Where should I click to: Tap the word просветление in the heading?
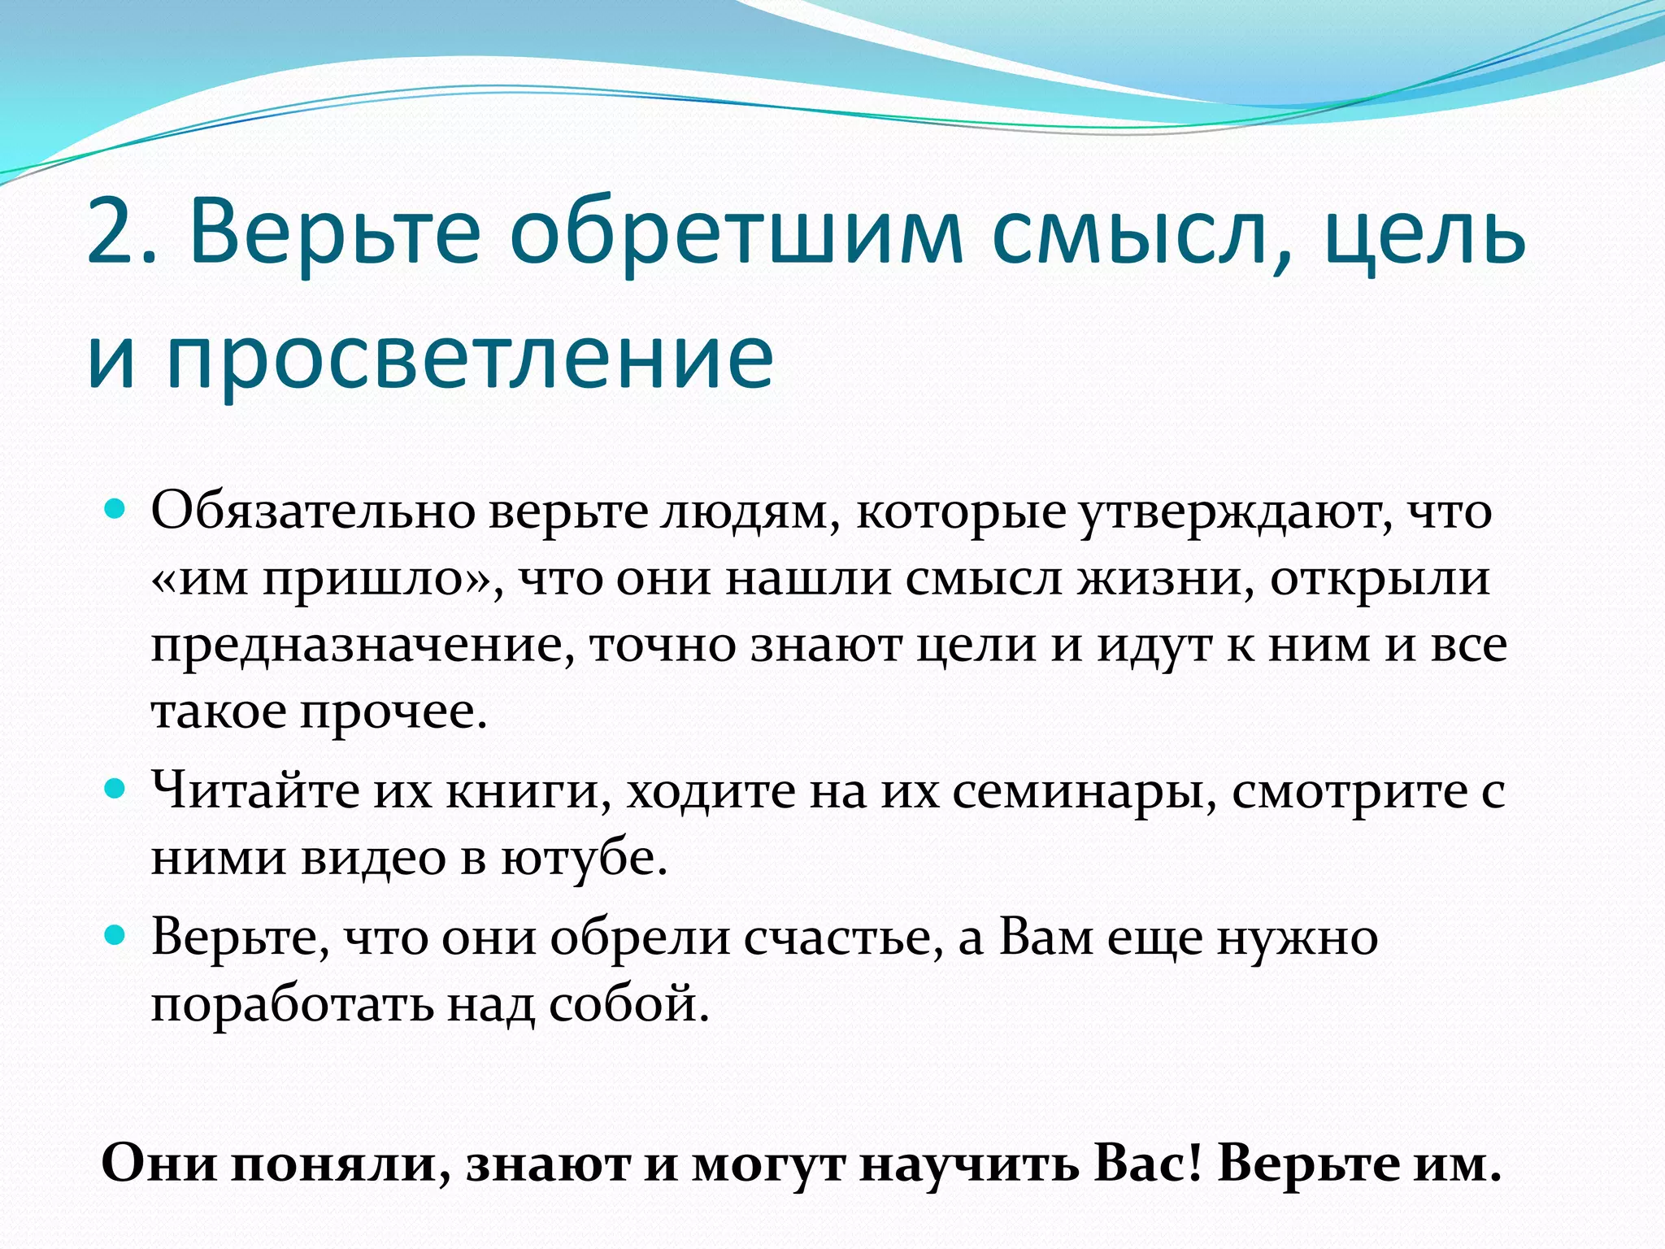click(471, 358)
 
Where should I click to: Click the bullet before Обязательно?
click(116, 511)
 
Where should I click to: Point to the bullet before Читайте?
click(116, 788)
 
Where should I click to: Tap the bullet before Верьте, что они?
click(116, 936)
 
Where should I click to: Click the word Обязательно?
click(312, 512)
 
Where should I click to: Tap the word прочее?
click(393, 712)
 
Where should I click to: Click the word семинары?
click(1085, 790)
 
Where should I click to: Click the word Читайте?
click(255, 790)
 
